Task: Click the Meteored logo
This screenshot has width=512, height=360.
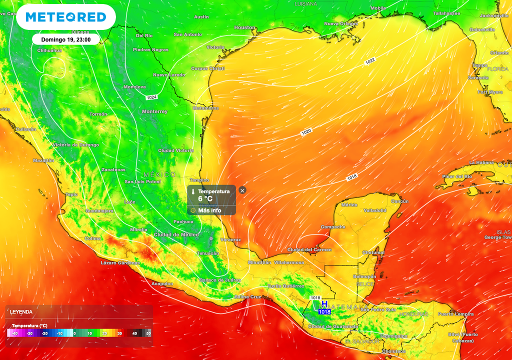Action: [x=65, y=17]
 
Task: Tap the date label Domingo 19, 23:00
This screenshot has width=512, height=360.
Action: [x=66, y=39]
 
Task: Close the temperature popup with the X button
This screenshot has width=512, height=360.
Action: [x=242, y=190]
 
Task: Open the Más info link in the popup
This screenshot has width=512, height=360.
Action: [x=209, y=210]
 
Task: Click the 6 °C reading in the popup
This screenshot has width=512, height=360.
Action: [x=205, y=199]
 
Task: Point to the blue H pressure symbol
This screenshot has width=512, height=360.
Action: [x=324, y=304]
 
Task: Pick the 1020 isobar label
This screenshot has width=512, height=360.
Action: [x=306, y=132]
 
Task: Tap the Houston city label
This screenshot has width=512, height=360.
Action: [x=244, y=27]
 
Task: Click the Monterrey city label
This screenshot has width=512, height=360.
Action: [x=154, y=111]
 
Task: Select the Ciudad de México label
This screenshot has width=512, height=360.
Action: [x=176, y=234]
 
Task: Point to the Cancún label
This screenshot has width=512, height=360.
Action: [x=399, y=201]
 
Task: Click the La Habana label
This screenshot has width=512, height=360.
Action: [x=481, y=162]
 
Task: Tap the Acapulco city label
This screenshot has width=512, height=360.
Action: [x=162, y=283]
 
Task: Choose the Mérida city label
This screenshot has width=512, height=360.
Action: [x=349, y=205]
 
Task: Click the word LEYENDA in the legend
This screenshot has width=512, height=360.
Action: [x=21, y=312]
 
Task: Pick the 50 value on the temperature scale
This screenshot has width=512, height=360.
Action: [x=148, y=333]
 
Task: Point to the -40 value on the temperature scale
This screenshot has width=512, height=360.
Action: [x=15, y=333]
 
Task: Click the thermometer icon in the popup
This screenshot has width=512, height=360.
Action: [x=193, y=191]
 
